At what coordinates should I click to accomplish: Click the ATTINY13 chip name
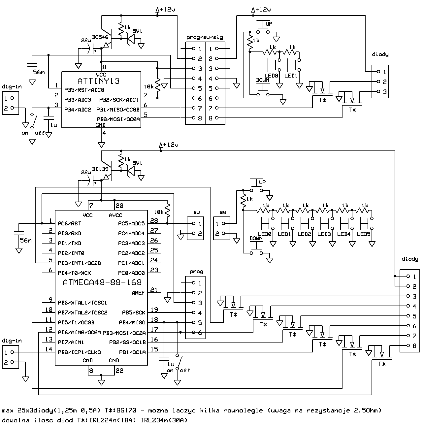(98, 81)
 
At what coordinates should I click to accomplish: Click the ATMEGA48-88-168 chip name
(102, 282)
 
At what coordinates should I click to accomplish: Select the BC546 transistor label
(100, 37)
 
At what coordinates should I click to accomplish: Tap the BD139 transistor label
(100, 169)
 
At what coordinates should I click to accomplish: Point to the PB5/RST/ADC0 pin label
(84, 90)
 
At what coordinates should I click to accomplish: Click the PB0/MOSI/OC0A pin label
(118, 119)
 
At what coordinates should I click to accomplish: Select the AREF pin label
(138, 293)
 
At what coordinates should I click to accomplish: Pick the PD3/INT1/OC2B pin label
(79, 263)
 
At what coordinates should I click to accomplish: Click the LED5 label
(364, 234)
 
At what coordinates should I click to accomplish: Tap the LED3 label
(324, 234)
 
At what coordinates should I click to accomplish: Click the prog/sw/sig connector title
(205, 37)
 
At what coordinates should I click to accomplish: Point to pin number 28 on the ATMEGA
(154, 220)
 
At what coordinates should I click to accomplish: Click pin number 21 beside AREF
(154, 290)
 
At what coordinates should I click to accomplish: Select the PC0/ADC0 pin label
(131, 273)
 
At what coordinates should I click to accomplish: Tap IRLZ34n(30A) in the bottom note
(164, 420)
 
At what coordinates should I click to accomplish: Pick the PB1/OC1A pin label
(132, 352)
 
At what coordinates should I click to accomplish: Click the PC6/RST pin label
(69, 223)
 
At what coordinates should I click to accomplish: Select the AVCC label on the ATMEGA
(115, 215)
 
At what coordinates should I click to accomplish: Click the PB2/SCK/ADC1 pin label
(119, 100)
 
